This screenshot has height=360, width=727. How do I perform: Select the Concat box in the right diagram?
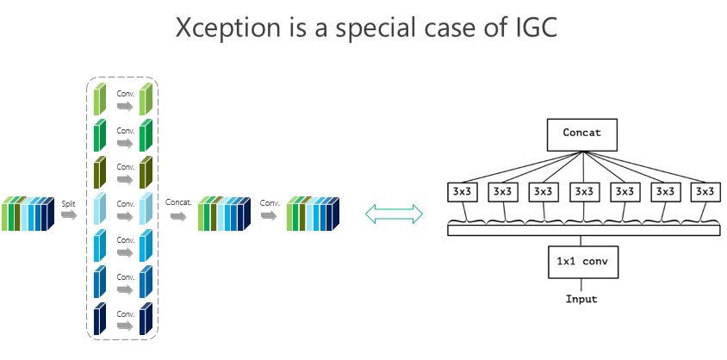coord(581,133)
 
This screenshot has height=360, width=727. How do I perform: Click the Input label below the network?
coord(581,300)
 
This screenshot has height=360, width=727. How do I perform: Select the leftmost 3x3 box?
coord(462,191)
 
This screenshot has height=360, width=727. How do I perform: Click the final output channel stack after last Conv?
coord(314,214)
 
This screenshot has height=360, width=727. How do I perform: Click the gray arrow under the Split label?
coord(69,215)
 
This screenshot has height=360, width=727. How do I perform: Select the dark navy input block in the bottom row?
coord(100,319)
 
